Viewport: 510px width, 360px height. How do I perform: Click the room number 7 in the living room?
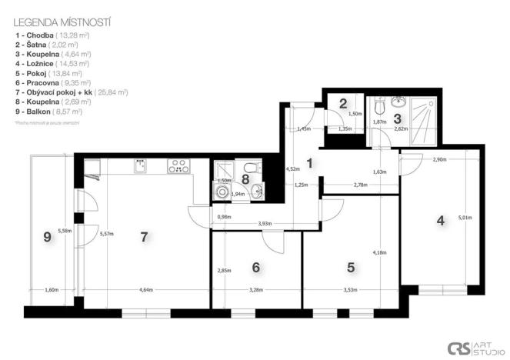point(144,236)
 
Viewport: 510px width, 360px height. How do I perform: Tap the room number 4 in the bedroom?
point(441,221)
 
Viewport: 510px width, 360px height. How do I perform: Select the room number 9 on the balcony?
point(47,238)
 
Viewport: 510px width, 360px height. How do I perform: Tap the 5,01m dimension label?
point(464,218)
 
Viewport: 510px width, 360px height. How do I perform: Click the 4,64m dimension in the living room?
point(146,289)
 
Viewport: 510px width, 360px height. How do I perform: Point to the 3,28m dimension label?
point(255,289)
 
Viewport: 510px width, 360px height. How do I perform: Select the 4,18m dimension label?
point(378,252)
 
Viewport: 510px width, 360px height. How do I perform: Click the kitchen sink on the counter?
point(141,165)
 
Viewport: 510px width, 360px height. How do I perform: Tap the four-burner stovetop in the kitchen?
point(179,164)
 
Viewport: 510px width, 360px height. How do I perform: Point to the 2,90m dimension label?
point(439,159)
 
